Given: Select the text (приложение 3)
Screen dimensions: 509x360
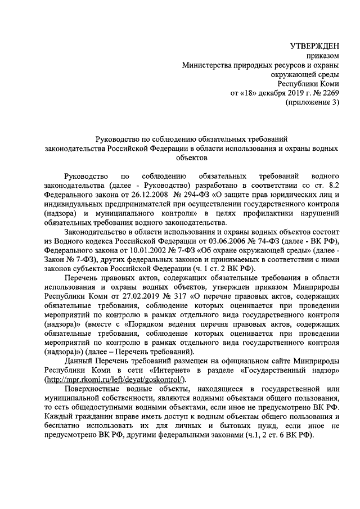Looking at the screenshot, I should [x=313, y=102].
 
